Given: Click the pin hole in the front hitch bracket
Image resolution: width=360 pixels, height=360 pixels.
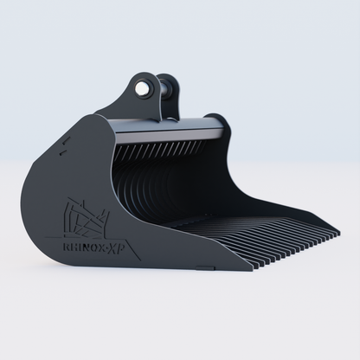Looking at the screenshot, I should coord(142,87).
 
